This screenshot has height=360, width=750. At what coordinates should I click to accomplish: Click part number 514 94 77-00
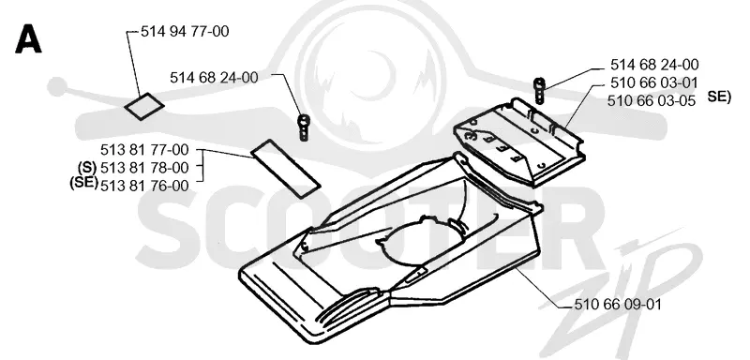[185, 32]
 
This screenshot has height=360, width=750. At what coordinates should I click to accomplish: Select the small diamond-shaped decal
[144, 106]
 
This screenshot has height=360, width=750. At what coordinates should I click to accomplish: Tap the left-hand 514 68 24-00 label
[214, 78]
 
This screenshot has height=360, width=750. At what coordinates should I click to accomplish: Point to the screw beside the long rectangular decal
[303, 127]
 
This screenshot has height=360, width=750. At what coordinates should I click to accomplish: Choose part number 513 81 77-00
[144, 150]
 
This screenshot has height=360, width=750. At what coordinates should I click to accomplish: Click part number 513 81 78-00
[144, 167]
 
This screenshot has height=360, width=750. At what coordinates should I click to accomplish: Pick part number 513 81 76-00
[144, 186]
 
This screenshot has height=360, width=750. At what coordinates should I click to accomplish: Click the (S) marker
[87, 167]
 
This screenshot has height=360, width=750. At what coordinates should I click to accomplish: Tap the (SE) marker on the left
[83, 183]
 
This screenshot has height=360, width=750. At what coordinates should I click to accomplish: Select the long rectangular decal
[285, 169]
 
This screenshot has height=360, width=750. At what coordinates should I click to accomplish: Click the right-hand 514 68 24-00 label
[654, 64]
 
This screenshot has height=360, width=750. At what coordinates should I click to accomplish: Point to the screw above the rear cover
[539, 90]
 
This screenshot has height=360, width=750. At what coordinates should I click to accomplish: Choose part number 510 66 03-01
[653, 82]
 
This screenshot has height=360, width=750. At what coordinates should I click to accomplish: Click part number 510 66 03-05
[652, 101]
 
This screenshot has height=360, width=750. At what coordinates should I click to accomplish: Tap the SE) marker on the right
[719, 97]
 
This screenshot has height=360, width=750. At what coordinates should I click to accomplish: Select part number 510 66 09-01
[617, 304]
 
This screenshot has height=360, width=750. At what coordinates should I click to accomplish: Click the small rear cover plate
[519, 142]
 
